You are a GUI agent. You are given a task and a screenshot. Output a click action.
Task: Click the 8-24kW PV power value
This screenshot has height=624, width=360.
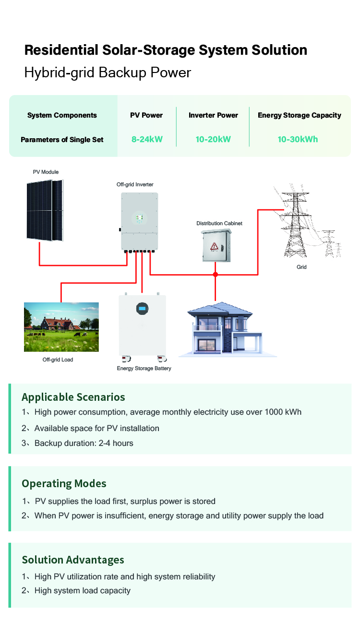[x=147, y=139]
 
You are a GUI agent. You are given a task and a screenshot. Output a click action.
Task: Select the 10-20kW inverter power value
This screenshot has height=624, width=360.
[x=213, y=139]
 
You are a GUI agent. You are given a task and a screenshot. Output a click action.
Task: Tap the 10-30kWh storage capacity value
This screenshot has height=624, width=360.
[x=298, y=139]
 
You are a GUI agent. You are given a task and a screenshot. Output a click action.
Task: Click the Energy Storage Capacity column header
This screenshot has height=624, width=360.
[x=299, y=115]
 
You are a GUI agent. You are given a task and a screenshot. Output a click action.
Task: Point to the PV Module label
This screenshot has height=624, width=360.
[x=46, y=172]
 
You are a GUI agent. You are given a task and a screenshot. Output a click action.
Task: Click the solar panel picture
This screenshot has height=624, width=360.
[x=45, y=210]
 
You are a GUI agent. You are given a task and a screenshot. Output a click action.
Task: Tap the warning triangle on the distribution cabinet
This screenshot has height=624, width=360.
[x=214, y=246]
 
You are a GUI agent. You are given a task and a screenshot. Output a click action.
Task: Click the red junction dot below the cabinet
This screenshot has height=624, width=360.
[x=216, y=275]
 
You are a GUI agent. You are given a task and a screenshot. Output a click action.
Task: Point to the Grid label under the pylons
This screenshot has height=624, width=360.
[x=301, y=267]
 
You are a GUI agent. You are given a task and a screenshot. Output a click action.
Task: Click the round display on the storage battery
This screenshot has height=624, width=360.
[x=142, y=309]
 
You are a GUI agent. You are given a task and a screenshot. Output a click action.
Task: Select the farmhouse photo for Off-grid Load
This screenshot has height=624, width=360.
[x=61, y=327]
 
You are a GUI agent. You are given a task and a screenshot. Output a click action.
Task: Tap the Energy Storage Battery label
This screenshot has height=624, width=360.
[x=144, y=368]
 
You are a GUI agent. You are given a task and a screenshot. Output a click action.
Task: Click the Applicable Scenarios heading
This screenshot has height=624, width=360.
[x=73, y=397]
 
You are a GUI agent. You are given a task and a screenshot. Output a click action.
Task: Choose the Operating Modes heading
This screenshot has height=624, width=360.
[x=64, y=483]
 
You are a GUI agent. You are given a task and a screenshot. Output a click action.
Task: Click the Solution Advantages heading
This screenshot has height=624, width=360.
[x=73, y=560]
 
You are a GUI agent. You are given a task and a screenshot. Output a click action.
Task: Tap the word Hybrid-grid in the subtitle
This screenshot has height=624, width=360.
[x=59, y=73]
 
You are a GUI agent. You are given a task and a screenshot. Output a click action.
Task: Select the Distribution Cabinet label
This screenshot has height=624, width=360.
[x=219, y=223]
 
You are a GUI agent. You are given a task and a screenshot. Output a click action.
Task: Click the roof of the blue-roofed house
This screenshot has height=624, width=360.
[x=220, y=309]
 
